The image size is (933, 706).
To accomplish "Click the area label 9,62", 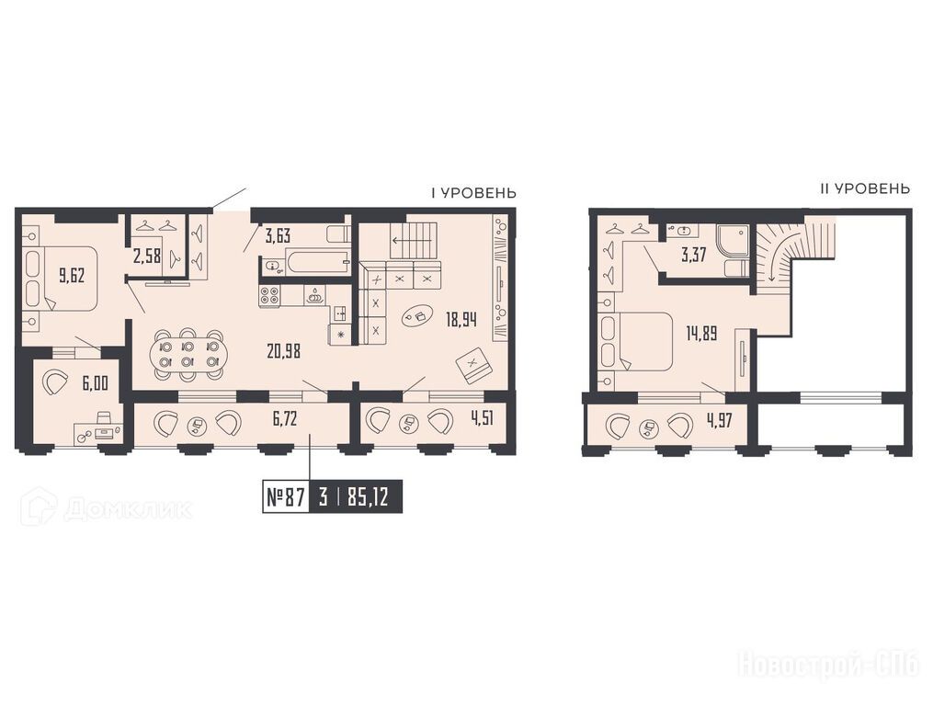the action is click(72, 276).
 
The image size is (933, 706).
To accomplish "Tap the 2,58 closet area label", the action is click(147, 257).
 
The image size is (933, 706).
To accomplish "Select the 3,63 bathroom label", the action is click(278, 236).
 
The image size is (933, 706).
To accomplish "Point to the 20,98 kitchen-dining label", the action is click(284, 351).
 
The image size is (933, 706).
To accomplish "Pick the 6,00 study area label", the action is click(96, 382).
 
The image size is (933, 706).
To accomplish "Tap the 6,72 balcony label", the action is click(284, 420).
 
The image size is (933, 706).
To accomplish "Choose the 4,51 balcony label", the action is click(482, 420).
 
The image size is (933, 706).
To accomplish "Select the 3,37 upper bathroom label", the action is click(693, 256).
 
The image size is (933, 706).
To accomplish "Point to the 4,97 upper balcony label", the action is click(719, 421).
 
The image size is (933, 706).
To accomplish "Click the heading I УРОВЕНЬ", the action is click(473, 193).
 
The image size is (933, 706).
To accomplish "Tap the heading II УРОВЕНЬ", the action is click(865, 189).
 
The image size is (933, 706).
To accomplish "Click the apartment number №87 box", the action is click(286, 497).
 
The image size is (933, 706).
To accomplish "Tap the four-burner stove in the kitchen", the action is click(269, 296).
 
